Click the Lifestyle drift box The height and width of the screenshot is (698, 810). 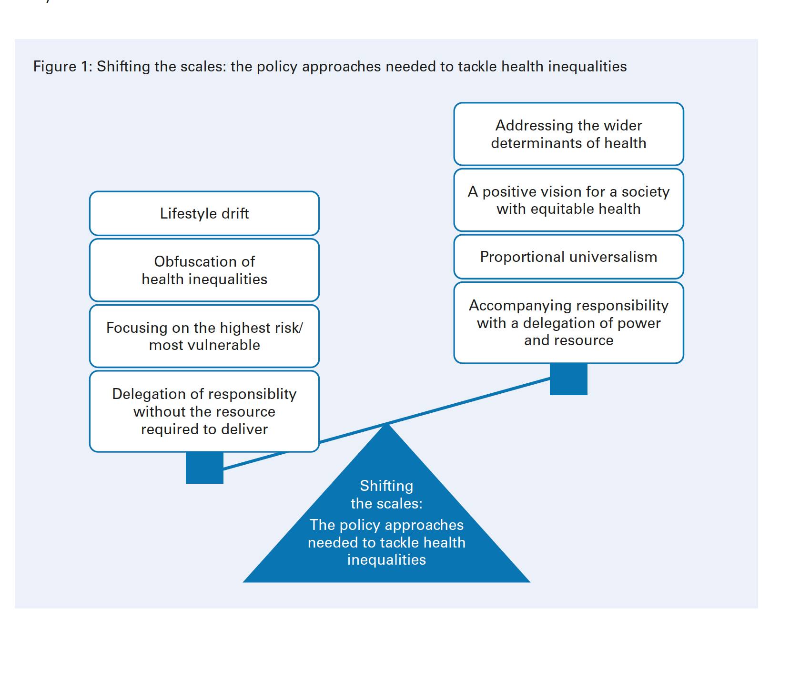(204, 213)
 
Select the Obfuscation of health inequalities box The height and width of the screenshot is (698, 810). (204, 270)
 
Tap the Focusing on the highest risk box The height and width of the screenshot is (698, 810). (204, 336)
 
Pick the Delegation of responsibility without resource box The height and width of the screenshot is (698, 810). (204, 411)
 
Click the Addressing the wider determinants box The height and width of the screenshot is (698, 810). (569, 134)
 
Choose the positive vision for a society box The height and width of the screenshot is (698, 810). (569, 200)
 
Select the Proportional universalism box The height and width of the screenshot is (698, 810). (569, 257)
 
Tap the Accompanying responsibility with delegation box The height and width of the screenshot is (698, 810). (569, 323)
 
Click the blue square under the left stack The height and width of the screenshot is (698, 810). (204, 468)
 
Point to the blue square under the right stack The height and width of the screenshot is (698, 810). (568, 379)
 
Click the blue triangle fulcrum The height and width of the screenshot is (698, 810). (386, 524)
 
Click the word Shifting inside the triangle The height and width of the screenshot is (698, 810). (386, 486)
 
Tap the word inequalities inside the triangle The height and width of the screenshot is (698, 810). (386, 560)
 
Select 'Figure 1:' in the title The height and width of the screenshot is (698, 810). (63, 66)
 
